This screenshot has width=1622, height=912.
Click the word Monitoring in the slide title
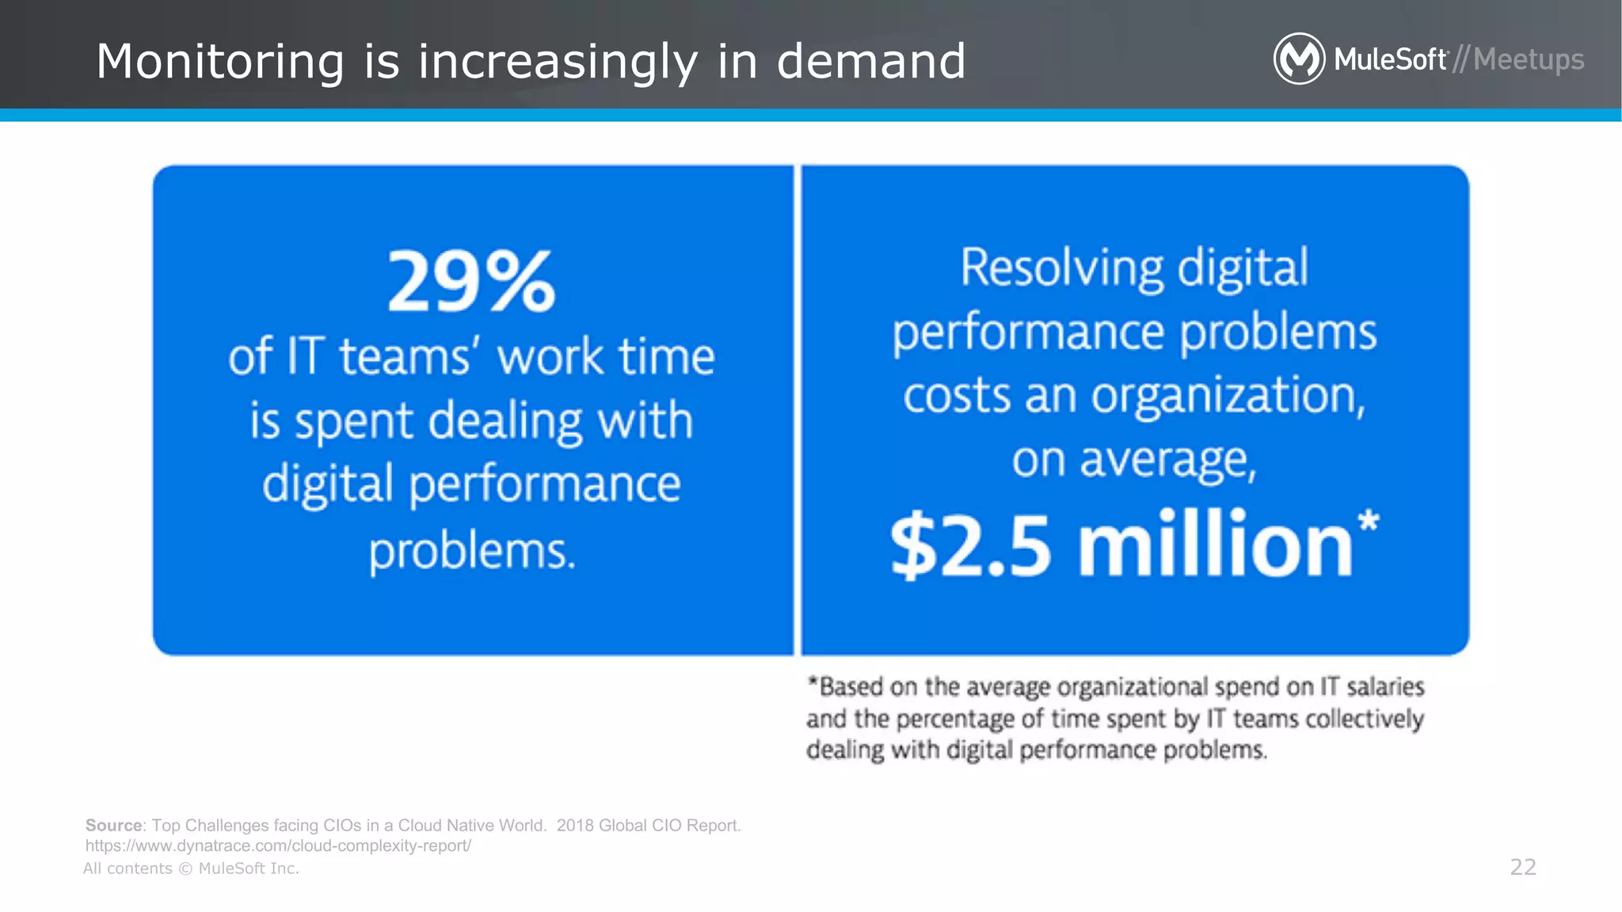tap(220, 62)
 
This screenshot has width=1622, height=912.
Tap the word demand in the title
tap(871, 61)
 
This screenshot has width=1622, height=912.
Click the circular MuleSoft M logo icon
tap(1298, 59)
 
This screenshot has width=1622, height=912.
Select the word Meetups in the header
tap(1529, 60)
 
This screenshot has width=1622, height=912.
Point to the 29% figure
tap(472, 282)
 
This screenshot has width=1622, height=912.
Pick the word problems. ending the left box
tap(472, 550)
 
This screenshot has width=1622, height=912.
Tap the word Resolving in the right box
tap(1061, 268)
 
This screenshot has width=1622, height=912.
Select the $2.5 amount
tap(971, 546)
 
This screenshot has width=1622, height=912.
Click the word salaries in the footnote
tap(1385, 686)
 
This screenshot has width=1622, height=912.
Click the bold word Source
tap(113, 825)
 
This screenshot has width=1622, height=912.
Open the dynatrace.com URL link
tap(278, 845)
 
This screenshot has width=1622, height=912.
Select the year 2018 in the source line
tap(575, 825)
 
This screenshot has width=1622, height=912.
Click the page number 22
tap(1523, 867)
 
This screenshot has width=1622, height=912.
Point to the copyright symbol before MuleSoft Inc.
tap(185, 868)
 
